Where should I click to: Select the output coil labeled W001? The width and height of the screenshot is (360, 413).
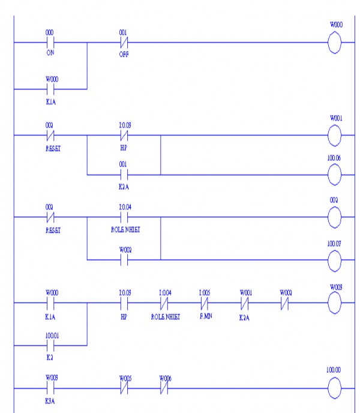[x=335, y=136]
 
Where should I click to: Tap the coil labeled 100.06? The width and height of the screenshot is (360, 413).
[x=335, y=175]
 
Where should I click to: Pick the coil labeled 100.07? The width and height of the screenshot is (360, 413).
[x=335, y=260]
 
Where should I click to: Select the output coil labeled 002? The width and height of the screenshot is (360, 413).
[x=335, y=217]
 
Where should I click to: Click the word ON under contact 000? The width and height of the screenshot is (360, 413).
[x=50, y=53]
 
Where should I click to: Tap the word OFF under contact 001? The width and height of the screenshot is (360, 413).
[x=124, y=54]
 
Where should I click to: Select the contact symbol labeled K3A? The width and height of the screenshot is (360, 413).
[x=50, y=389]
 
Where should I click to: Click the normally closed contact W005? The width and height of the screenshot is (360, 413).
[x=124, y=389]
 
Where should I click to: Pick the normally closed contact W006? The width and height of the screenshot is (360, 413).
[x=164, y=389]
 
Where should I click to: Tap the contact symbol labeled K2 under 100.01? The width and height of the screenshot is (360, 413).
[x=50, y=346]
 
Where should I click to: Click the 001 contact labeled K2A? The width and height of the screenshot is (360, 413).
[x=124, y=175]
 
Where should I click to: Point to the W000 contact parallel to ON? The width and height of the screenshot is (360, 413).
[x=50, y=89]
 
